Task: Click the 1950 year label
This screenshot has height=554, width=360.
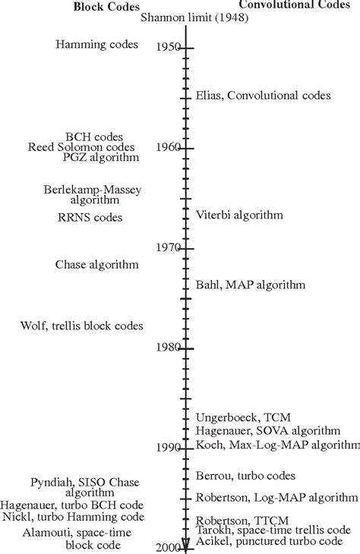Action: click(167, 47)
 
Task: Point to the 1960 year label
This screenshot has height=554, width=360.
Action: click(167, 146)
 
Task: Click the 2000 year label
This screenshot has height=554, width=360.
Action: click(167, 548)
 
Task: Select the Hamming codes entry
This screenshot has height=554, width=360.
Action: click(97, 45)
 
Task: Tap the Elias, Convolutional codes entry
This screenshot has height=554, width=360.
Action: click(263, 96)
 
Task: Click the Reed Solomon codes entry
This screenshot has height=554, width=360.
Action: click(81, 146)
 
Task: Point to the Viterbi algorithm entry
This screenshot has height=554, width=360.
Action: click(239, 215)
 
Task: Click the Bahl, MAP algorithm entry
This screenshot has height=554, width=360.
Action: click(250, 285)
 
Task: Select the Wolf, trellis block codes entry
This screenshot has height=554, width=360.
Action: click(82, 326)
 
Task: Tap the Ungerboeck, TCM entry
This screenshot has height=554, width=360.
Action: click(239, 417)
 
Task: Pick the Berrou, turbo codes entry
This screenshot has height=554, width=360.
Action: click(245, 476)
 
